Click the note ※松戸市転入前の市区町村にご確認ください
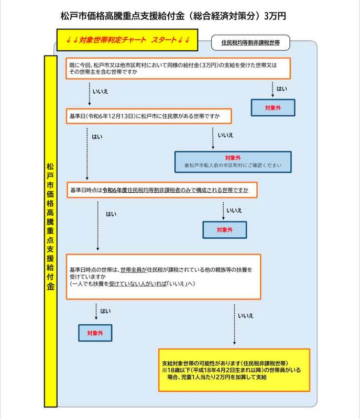(233, 165)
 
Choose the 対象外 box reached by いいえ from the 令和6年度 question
(224, 229)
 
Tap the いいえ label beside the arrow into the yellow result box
(245, 316)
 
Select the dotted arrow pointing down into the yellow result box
(232, 325)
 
